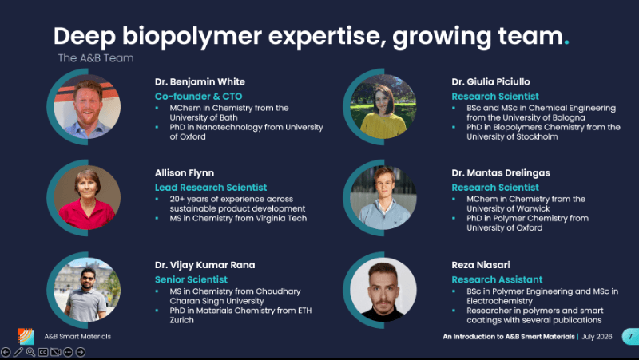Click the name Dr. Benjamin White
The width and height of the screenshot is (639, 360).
click(200, 82)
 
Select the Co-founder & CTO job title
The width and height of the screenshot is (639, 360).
click(198, 97)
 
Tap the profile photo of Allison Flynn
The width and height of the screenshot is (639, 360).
click(87, 197)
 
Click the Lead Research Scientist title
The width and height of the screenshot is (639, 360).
click(211, 188)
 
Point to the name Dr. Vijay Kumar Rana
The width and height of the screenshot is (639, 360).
click(204, 265)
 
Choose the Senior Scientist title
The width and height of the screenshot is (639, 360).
click(191, 279)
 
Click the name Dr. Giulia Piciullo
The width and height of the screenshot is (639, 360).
click(490, 82)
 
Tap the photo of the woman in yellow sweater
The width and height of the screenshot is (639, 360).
click(383, 107)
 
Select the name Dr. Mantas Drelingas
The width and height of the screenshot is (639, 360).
click(501, 173)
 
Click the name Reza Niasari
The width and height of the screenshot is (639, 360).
click(481, 265)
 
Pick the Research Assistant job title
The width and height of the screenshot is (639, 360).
click(497, 279)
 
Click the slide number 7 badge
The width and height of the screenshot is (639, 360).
click(630, 336)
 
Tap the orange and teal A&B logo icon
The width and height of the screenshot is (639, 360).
click(26, 336)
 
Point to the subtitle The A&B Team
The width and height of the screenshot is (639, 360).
click(96, 58)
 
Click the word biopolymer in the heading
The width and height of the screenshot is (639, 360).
click(192, 37)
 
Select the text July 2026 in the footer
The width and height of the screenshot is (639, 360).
click(597, 337)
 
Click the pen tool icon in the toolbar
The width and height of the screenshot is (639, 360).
click(18, 352)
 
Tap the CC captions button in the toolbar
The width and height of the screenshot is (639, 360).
click(43, 352)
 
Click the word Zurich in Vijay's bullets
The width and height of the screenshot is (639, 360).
click(182, 320)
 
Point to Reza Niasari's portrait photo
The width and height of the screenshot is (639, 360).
click(383, 290)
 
